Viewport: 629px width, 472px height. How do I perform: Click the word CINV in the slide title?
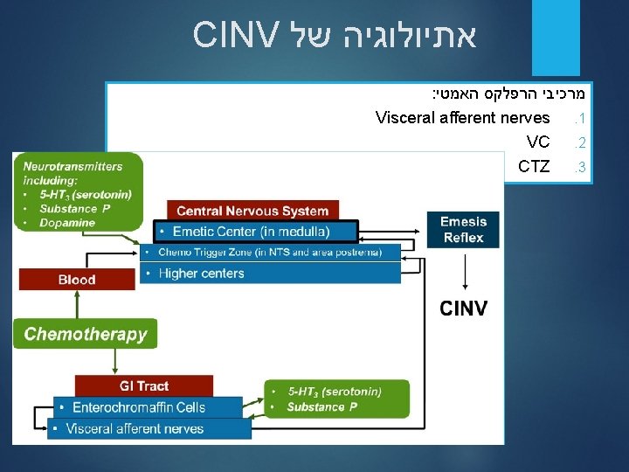point(235,35)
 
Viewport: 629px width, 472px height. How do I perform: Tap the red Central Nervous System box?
point(252,211)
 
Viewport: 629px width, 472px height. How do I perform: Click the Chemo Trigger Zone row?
point(270,252)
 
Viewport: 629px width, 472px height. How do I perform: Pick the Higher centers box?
point(270,273)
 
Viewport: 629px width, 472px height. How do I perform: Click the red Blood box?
point(77,280)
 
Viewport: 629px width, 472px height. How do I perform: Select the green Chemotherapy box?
point(86,334)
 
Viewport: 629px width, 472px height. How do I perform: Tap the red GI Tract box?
point(144,385)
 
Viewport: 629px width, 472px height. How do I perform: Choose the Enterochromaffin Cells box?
point(149,407)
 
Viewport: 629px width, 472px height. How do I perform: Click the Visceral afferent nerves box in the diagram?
point(149,428)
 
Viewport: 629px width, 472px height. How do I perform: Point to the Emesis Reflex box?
point(463,229)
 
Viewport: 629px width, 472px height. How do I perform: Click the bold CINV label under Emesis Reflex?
point(463,309)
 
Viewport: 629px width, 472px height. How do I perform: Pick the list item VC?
point(538,142)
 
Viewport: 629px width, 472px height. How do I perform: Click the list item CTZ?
point(534,166)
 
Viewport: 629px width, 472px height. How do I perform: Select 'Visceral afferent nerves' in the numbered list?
point(462,117)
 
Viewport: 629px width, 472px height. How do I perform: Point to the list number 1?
point(577,118)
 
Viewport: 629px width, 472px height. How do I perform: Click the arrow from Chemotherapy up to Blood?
point(77,304)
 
